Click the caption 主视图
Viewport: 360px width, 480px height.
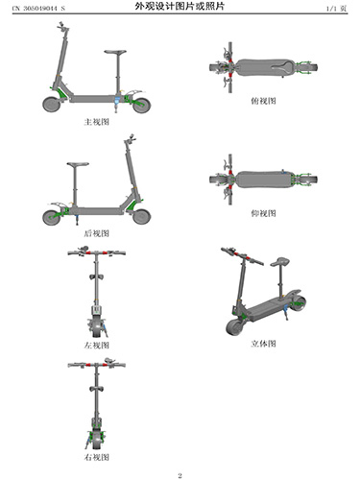[x=96, y=122]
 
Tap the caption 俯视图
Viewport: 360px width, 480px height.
[x=263, y=101]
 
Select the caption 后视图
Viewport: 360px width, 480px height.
[x=96, y=233]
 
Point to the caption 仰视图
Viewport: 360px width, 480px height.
[x=263, y=213]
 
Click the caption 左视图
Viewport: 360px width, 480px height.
[x=96, y=346]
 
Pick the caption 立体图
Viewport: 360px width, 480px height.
[x=263, y=344]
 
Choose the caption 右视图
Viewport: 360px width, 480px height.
[x=96, y=457]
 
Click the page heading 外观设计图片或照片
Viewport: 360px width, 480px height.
[x=180, y=7]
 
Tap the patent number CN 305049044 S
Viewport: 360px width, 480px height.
[x=38, y=9]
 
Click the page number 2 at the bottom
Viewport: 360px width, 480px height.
[x=180, y=475]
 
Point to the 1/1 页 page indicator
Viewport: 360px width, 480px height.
[x=336, y=9]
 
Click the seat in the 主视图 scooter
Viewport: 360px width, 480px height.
[x=115, y=52]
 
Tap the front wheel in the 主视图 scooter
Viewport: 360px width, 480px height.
[x=52, y=105]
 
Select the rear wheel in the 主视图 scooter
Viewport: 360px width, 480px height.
[x=141, y=105]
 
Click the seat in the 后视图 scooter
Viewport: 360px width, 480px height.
[x=78, y=164]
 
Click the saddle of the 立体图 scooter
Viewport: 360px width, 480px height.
[x=280, y=262]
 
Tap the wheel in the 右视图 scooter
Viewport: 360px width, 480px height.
[x=96, y=441]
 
